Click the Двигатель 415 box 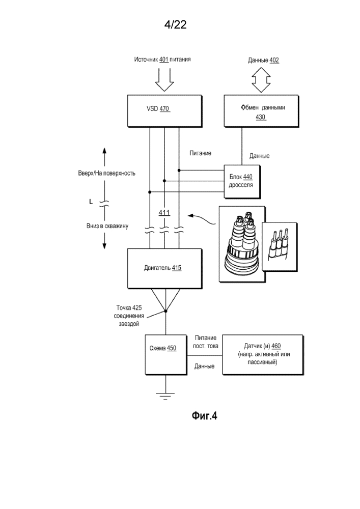(163, 267)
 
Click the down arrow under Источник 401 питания (164, 78)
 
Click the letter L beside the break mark (91, 202)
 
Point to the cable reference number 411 (164, 212)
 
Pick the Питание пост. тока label (206, 342)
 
